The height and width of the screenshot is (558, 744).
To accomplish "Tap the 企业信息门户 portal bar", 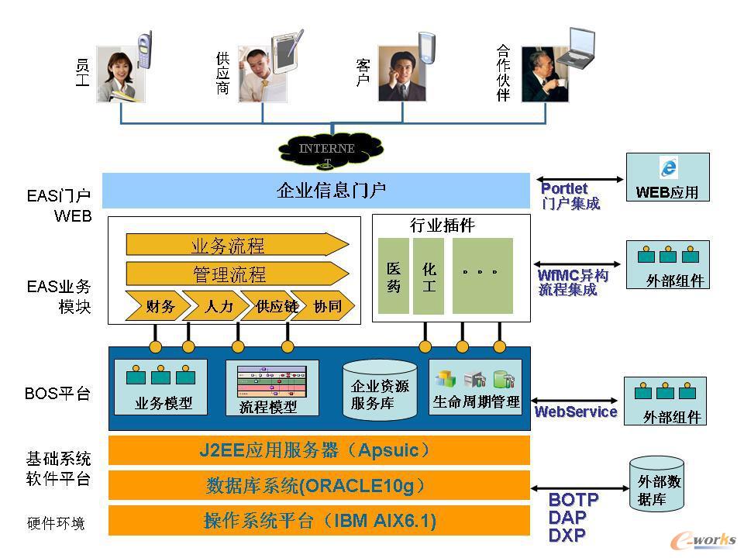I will coord(315,190).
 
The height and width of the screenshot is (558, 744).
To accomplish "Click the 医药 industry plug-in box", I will coord(394,276).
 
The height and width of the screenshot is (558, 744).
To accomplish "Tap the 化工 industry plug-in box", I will coord(429,276).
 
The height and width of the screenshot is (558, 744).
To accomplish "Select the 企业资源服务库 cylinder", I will coord(380,390).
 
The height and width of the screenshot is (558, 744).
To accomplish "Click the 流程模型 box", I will coord(271,387).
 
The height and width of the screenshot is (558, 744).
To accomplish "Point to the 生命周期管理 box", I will coord(475,387).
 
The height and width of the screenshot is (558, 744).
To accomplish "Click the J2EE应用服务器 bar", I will coord(319,450).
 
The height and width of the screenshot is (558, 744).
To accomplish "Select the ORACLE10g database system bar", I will coord(319,486).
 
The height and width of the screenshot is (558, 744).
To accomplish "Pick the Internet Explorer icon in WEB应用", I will coord(668,167).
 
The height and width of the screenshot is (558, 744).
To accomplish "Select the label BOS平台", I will coord(57,393).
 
